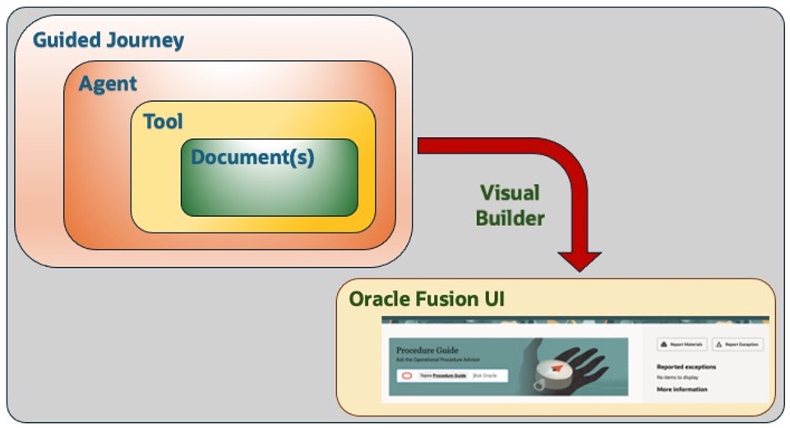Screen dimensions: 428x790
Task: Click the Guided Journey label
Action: point(109,39)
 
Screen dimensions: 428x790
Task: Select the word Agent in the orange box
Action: point(108,84)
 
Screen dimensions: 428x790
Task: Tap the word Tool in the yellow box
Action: point(163,122)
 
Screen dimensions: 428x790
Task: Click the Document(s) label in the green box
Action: point(252,156)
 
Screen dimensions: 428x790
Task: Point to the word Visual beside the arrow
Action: point(510,193)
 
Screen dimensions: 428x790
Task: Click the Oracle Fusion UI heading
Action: point(427,299)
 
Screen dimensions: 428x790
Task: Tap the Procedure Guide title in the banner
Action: point(428,350)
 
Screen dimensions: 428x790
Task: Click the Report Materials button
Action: point(681,344)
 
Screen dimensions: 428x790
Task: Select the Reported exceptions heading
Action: point(686,366)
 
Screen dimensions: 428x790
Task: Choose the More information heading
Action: point(681,389)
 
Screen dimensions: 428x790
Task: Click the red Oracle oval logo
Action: point(406,375)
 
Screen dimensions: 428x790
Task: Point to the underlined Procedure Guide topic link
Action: point(450,375)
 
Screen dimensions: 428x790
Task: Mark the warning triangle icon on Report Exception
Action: point(718,344)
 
